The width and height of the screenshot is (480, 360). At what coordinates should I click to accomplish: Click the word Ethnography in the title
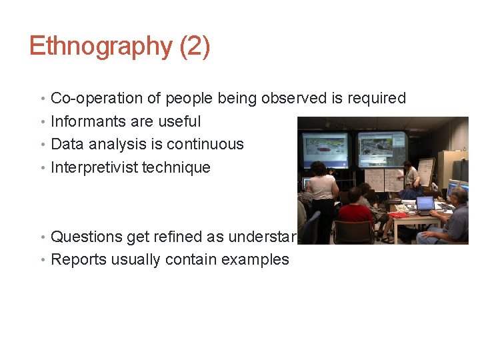[x=100, y=47]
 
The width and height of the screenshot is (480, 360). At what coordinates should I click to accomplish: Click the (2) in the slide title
[x=195, y=47]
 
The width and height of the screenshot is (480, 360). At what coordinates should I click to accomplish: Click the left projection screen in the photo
[x=325, y=149]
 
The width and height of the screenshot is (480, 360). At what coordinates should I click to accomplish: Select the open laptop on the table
[x=425, y=203]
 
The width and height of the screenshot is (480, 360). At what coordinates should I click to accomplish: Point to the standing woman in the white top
[x=323, y=193]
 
